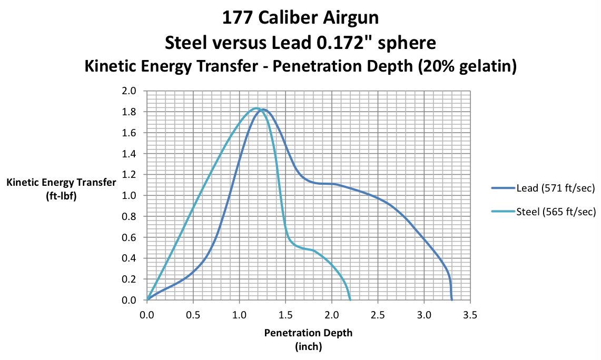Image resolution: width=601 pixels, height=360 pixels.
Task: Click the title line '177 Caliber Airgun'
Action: (x=300, y=18)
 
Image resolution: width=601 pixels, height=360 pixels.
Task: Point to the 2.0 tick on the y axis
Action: (x=130, y=91)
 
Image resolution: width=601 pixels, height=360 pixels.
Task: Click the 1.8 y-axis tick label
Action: (x=130, y=112)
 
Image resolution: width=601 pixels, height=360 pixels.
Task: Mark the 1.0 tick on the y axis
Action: (x=130, y=196)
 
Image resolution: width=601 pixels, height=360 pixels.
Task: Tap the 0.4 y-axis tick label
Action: (x=130, y=258)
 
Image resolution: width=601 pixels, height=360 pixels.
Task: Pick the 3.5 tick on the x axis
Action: (x=470, y=315)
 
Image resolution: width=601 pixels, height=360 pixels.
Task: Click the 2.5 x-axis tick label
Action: (x=378, y=315)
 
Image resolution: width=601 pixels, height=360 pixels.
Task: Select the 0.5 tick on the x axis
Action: (x=193, y=315)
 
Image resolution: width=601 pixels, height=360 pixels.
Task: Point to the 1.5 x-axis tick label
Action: (x=285, y=315)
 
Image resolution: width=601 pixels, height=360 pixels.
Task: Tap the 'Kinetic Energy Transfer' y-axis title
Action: (x=61, y=183)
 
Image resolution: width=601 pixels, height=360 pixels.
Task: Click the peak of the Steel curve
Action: (x=257, y=108)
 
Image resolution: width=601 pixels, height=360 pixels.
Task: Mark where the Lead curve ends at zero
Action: (x=452, y=300)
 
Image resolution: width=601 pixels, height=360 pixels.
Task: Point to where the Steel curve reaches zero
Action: (x=350, y=300)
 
